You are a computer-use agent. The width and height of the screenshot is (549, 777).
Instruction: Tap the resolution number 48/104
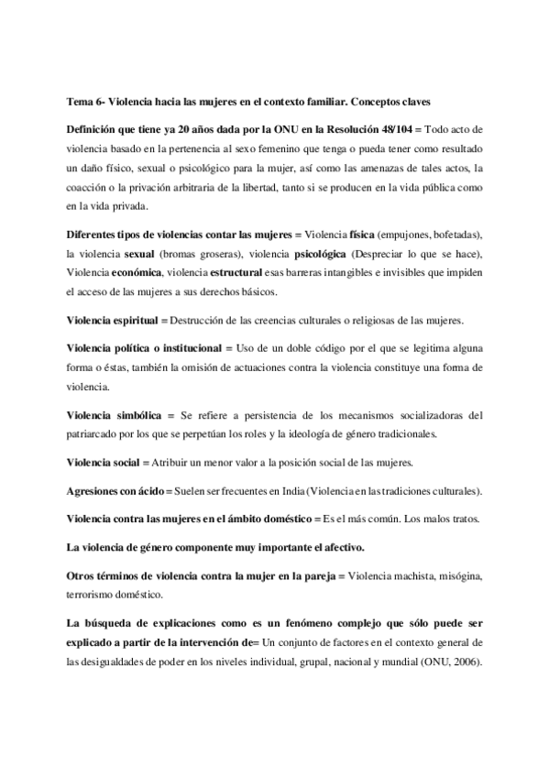(x=387, y=130)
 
